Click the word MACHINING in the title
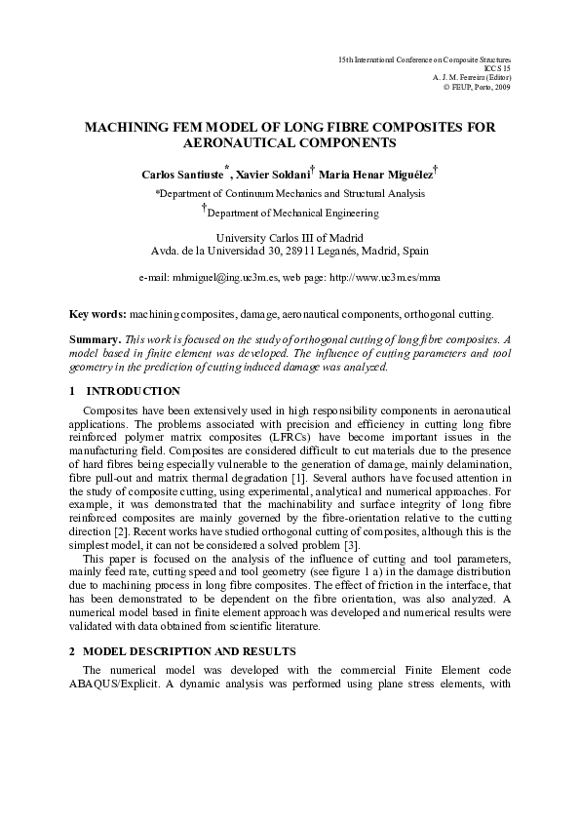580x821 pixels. pyautogui.click(x=130, y=127)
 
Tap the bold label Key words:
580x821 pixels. pyautogui.click(x=97, y=315)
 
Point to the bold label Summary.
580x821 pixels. pyautogui.click(x=95, y=340)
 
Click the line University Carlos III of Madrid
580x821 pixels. pyautogui.click(x=289, y=238)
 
